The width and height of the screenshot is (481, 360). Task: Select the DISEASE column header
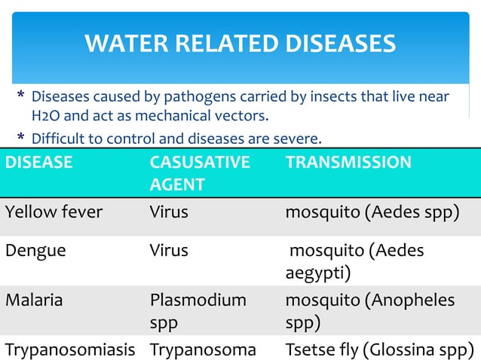[x=38, y=162]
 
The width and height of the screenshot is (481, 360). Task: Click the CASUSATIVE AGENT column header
[x=199, y=172]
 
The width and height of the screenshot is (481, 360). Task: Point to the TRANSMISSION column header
[x=348, y=162]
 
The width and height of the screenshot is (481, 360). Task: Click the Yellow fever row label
[x=54, y=212]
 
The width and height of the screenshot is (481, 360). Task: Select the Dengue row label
[x=35, y=251]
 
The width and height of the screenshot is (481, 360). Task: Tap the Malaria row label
[x=34, y=300]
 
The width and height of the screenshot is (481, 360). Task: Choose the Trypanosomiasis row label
[x=71, y=349]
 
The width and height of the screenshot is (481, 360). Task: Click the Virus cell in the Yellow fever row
[x=169, y=212]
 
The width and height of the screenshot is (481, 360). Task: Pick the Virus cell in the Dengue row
[x=169, y=251]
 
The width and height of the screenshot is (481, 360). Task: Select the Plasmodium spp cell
[x=198, y=310]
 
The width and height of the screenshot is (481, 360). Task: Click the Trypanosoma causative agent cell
[x=203, y=349]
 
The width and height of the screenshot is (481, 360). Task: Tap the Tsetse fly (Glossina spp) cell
[x=379, y=349]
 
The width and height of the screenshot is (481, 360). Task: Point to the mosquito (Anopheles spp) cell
[x=369, y=310]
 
